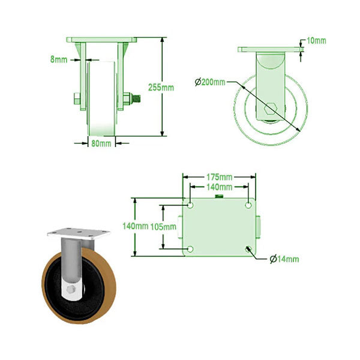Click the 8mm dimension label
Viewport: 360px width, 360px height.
tap(59, 59)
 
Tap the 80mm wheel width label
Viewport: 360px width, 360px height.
tap(100, 143)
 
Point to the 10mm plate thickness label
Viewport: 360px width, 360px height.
tap(316, 41)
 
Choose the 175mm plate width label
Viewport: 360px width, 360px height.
tap(219, 177)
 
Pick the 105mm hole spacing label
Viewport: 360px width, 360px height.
tap(164, 226)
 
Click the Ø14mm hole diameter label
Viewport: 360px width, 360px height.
tap(284, 259)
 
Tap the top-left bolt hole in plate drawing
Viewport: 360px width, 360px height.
tap(190, 205)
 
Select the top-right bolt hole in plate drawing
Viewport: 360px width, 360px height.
tap(248, 205)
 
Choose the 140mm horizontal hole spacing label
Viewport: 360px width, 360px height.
tap(219, 187)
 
